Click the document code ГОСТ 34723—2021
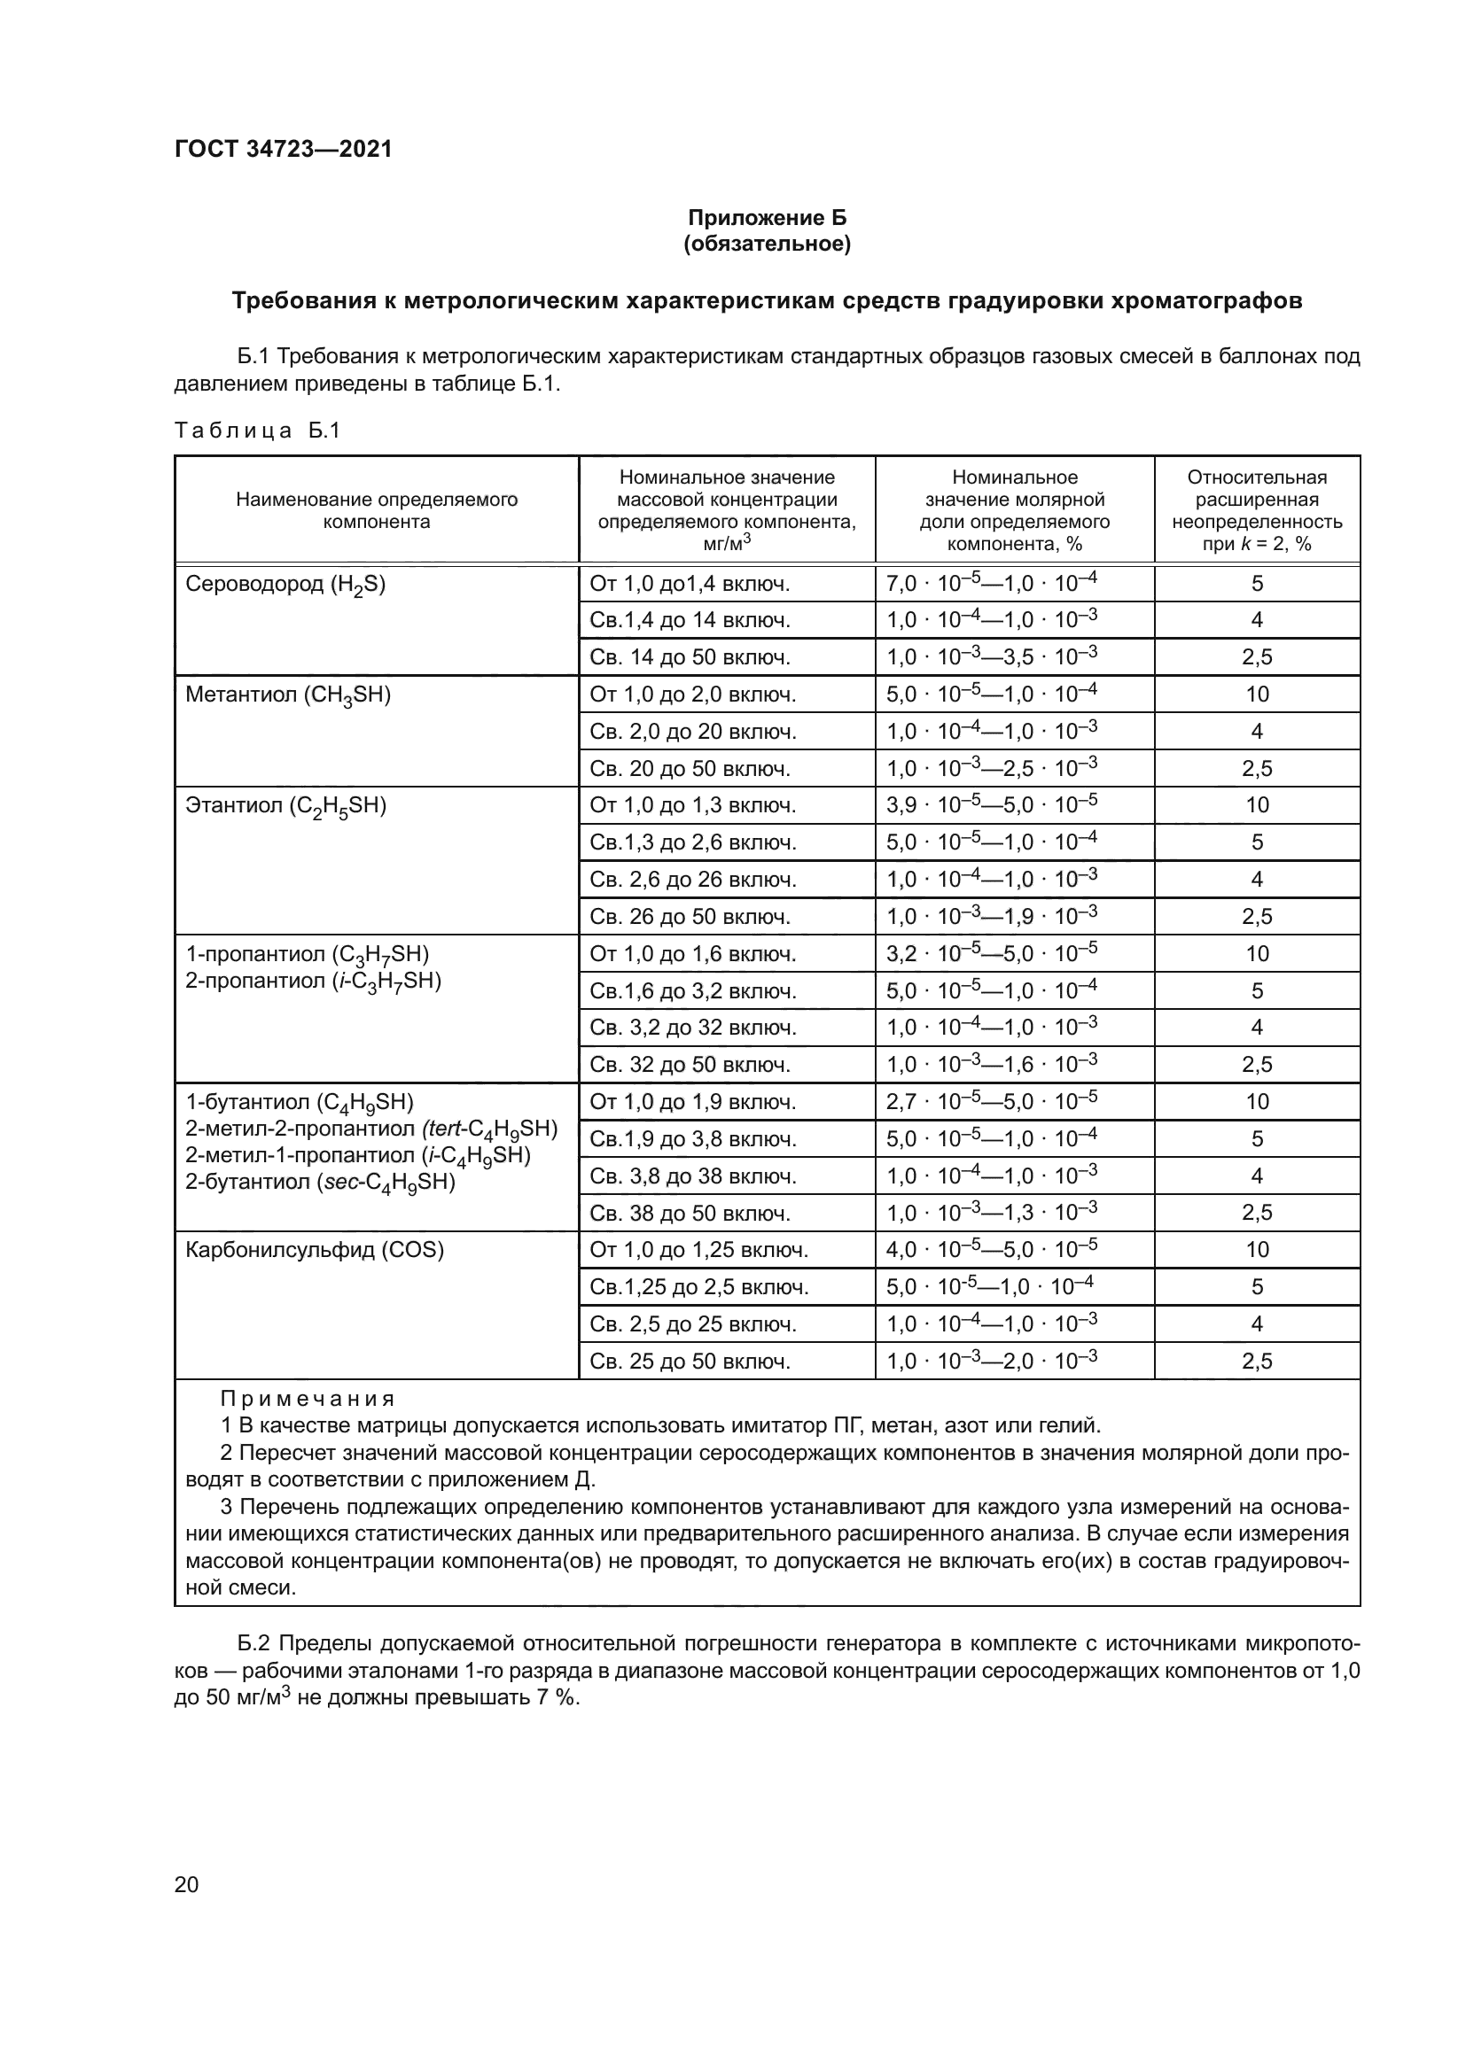(x=284, y=149)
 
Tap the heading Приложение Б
(x=768, y=218)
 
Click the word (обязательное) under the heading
(x=768, y=244)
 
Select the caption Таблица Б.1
(x=257, y=431)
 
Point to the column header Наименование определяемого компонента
(x=377, y=511)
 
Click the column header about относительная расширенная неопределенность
(x=1257, y=511)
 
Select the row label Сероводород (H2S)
(x=285, y=585)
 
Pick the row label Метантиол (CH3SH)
(x=288, y=695)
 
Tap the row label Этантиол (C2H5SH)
(x=285, y=806)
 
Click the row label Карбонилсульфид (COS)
(x=314, y=1250)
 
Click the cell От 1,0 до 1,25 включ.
(x=698, y=1250)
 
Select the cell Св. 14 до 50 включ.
(x=690, y=658)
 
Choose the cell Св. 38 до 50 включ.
(x=690, y=1213)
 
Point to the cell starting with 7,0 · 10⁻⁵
(x=991, y=584)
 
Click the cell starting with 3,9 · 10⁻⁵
(x=991, y=805)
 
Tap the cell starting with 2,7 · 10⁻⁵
(x=991, y=1101)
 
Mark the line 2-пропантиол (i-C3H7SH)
(x=313, y=981)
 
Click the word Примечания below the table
(x=308, y=1399)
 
